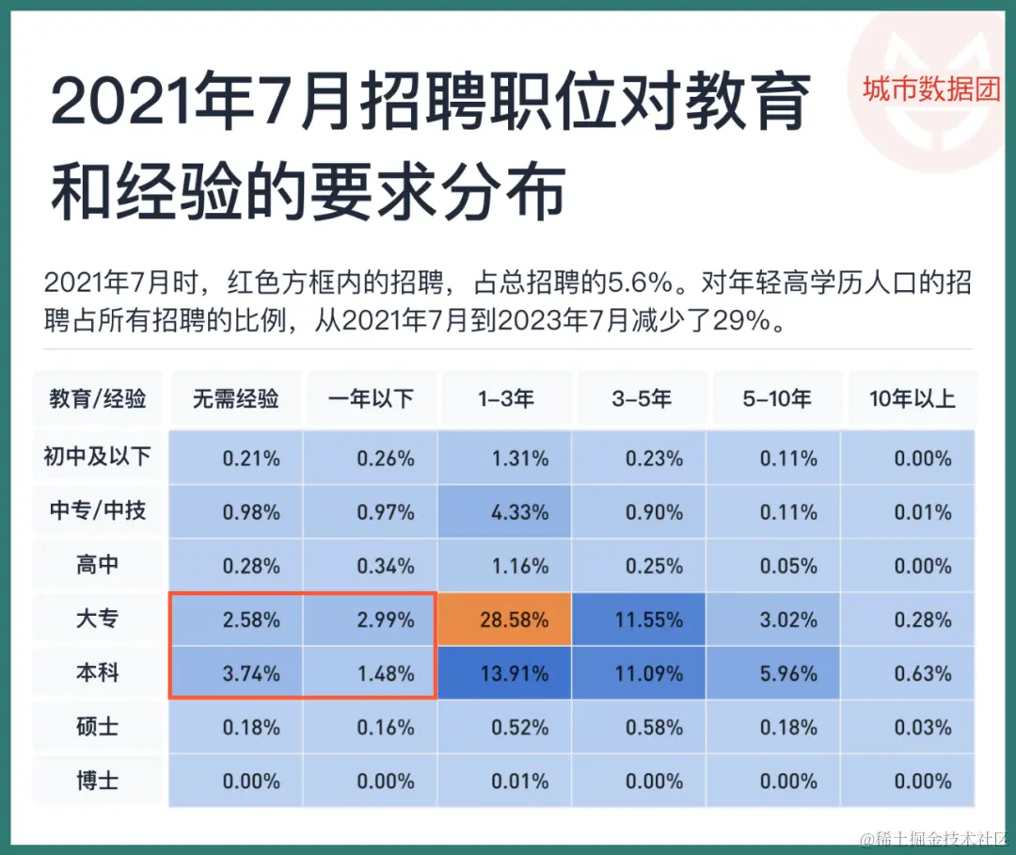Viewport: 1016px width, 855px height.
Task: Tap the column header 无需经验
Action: [x=236, y=398]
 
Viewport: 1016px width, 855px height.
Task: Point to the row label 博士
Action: [x=98, y=781]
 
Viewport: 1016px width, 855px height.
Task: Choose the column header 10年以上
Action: [x=912, y=398]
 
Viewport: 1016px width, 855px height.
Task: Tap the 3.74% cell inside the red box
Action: [x=236, y=673]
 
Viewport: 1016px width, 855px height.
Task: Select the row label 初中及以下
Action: [x=98, y=458]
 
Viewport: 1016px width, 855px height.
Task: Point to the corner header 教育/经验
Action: [x=98, y=398]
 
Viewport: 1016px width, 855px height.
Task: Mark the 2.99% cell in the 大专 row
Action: [x=371, y=620]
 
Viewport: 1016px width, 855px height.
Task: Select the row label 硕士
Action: [x=98, y=727]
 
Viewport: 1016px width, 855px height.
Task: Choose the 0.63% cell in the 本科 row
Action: [x=912, y=673]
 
